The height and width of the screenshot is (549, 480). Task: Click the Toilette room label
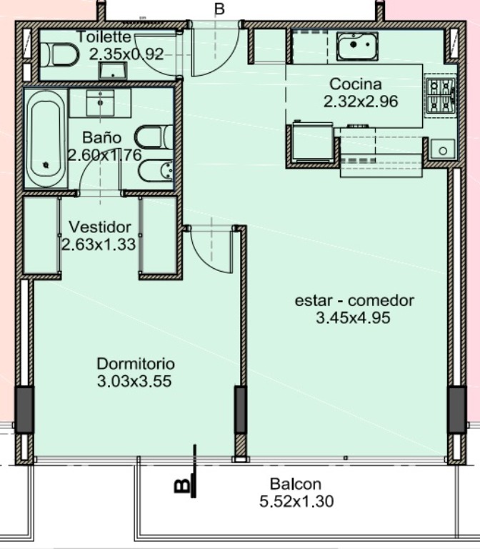(x=104, y=36)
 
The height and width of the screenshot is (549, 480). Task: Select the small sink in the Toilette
(x=113, y=70)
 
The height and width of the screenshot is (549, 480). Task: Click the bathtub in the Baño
(x=46, y=139)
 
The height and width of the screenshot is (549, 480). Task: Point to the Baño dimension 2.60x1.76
(x=104, y=155)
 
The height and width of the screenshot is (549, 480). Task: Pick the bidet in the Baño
(x=155, y=172)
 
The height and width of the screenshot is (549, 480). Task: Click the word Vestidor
(x=100, y=227)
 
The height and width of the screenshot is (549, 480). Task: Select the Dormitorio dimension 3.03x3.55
(x=134, y=381)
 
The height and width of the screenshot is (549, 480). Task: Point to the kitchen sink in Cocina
(x=357, y=46)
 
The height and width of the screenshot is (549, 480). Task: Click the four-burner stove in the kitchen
(x=440, y=96)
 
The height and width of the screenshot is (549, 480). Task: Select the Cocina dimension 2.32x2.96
(x=361, y=102)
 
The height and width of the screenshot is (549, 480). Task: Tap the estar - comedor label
(x=354, y=301)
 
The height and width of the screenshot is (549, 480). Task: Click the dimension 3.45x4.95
(x=353, y=318)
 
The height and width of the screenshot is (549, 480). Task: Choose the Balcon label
(x=296, y=484)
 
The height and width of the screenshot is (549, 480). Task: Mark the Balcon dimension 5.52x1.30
(x=296, y=501)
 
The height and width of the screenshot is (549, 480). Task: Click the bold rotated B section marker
(x=182, y=485)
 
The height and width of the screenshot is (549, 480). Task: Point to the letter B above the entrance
(x=219, y=9)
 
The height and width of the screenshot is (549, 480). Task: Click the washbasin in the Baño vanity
(x=101, y=103)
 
